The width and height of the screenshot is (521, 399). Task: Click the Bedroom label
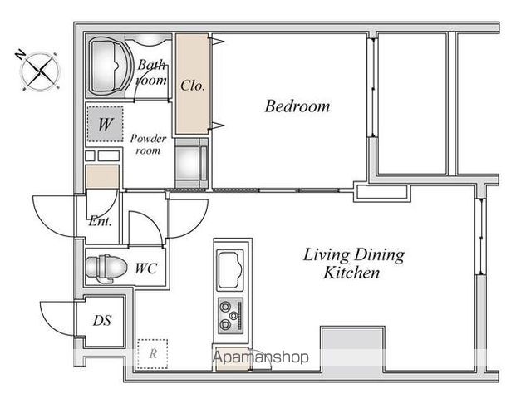coord(297,106)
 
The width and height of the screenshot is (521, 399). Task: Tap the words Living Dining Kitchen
coord(353,264)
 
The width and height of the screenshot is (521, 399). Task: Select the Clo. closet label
coord(193,86)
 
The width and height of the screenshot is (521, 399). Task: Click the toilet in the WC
coord(106,268)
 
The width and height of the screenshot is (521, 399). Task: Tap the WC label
coord(146,268)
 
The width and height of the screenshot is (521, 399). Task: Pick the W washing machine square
coord(105,124)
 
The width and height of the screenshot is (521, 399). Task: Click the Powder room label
coord(148,145)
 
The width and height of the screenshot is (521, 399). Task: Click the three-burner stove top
coord(231,316)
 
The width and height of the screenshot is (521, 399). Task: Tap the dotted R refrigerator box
coord(153,354)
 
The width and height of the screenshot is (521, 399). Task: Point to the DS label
coord(102,321)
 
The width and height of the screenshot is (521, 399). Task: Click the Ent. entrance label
coord(100,221)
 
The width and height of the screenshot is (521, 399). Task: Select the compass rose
coord(40,71)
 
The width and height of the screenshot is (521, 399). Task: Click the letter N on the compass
coord(21,55)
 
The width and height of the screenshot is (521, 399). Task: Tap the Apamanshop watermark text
coord(261,357)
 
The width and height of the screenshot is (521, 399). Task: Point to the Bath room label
coord(151,72)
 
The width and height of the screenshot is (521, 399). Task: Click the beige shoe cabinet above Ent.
coord(102,176)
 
